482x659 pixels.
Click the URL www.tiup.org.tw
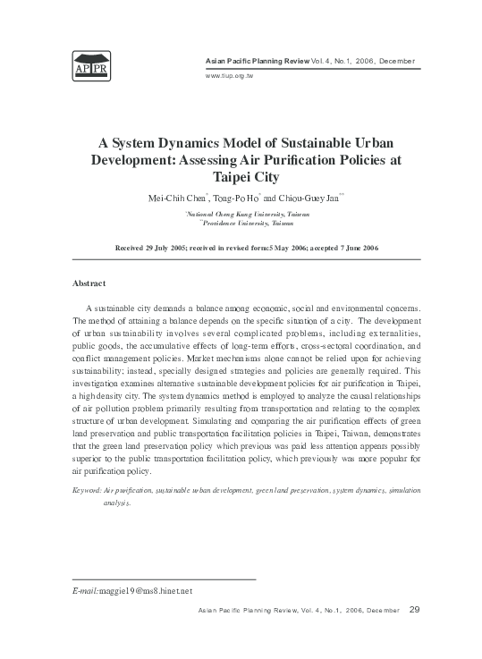pyautogui.click(x=227, y=75)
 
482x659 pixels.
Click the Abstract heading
pyautogui.click(x=89, y=283)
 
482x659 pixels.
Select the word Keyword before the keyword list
pyautogui.click(x=86, y=492)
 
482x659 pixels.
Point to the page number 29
pyautogui.click(x=414, y=610)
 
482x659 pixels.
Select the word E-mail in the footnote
pyautogui.click(x=86, y=592)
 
